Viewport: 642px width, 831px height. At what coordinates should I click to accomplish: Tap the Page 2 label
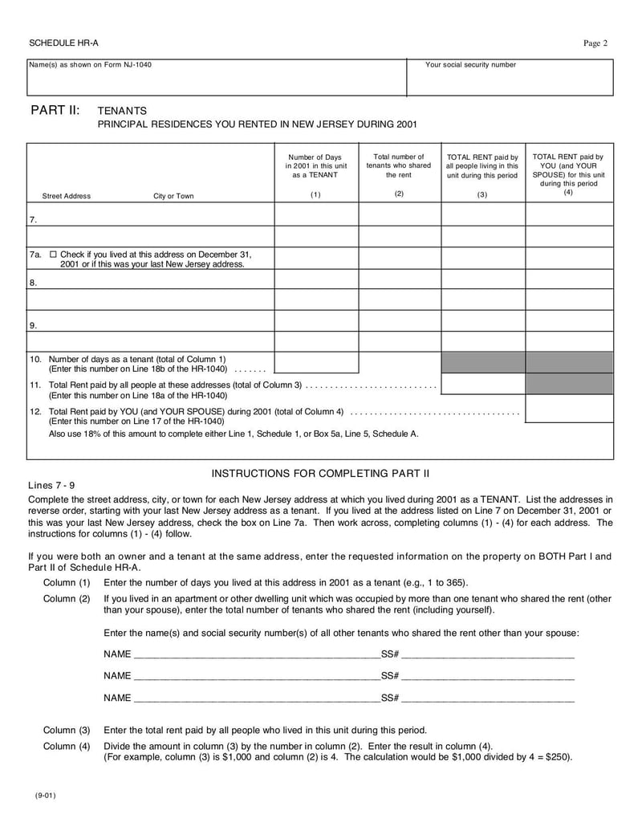(594, 43)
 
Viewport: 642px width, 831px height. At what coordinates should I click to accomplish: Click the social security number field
(510, 79)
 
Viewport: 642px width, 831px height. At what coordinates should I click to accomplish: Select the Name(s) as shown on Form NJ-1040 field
(217, 79)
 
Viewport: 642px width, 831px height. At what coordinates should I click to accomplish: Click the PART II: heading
(55, 110)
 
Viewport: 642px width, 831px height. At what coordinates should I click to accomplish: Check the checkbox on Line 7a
(53, 254)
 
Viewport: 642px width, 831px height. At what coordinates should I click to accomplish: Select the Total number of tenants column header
(399, 166)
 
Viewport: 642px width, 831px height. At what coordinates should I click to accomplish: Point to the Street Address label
(66, 196)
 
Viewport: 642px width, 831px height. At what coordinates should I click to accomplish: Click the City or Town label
(173, 196)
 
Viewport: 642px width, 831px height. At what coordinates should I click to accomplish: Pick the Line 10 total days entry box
(315, 362)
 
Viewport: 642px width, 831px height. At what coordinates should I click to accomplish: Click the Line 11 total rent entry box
(483, 384)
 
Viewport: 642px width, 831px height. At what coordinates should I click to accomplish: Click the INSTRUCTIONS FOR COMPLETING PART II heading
(320, 473)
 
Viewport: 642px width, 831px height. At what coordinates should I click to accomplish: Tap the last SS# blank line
(488, 698)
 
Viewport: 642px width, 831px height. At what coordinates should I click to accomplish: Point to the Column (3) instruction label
(67, 731)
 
